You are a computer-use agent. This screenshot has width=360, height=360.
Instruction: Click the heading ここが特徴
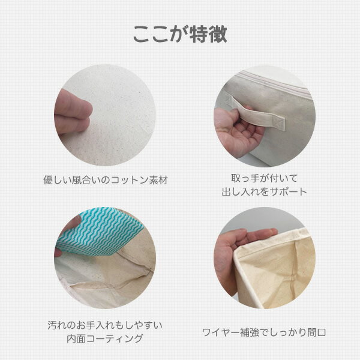[180, 34]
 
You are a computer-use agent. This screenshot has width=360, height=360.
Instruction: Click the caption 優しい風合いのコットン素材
[106, 180]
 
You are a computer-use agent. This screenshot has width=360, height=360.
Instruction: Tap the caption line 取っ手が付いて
[265, 178]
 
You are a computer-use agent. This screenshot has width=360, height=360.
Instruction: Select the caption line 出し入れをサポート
[265, 191]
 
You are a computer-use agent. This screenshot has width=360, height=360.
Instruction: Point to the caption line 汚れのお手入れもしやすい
[105, 325]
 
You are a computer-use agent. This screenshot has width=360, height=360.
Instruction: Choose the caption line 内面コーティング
[105, 338]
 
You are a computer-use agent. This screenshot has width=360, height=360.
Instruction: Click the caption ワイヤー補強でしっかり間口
[264, 332]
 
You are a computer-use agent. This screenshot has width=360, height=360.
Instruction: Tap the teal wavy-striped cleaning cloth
[99, 231]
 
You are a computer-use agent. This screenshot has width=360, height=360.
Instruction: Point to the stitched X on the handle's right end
[278, 122]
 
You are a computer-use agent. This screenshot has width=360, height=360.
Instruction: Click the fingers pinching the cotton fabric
[73, 112]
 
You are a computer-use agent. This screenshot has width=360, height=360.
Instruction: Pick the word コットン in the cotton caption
[130, 180]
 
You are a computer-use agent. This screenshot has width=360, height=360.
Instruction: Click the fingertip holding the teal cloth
[58, 253]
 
